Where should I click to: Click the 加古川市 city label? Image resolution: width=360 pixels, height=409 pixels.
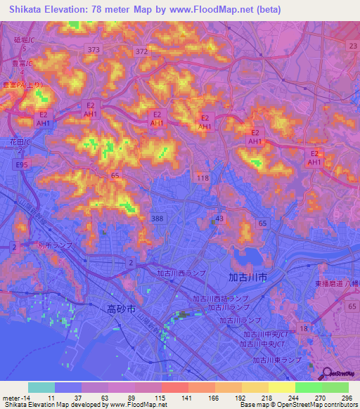point(247,278)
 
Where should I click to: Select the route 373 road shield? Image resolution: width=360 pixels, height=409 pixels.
point(94,49)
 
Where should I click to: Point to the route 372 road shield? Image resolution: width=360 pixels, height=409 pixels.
point(142,51)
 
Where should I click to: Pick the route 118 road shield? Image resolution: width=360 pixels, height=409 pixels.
point(203,178)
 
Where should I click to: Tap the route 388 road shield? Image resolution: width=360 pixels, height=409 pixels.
point(157,219)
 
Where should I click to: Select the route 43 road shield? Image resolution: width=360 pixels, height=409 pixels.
point(219,219)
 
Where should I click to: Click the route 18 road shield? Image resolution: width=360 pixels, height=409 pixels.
point(304,329)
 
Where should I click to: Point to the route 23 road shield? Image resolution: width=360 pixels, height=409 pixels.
point(352,45)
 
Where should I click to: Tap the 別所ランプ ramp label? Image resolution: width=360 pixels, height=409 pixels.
point(55,246)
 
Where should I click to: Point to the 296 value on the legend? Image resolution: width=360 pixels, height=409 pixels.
point(345,397)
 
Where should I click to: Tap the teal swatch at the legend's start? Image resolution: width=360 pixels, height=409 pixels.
point(41,387)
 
